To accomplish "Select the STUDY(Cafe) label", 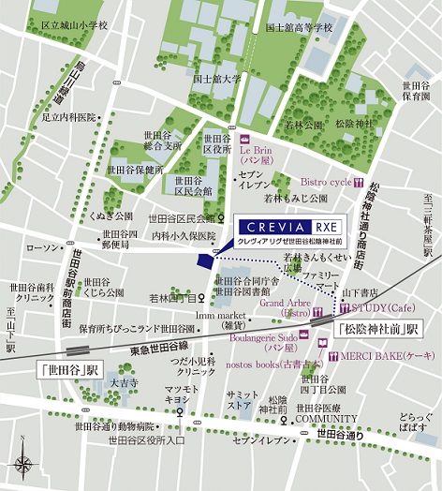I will coord(379,306).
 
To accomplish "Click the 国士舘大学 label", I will coord(216,80).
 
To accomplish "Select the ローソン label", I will coord(43,247).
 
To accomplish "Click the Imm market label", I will coord(220,316).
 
